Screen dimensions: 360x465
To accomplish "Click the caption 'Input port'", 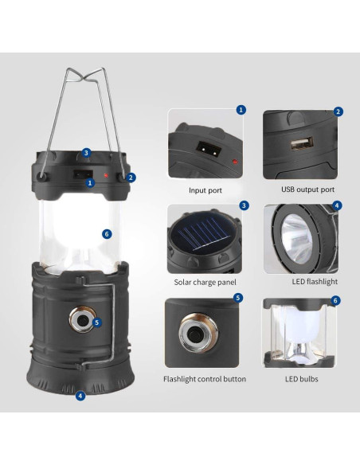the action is (205, 190).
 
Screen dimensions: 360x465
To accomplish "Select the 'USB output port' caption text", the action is (307, 190).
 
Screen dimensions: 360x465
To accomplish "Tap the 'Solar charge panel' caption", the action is (205, 282).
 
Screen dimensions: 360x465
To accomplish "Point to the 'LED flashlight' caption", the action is (315, 281).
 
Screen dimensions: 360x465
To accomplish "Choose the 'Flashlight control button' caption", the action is (205, 379).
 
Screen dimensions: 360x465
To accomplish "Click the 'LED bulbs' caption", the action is (302, 379).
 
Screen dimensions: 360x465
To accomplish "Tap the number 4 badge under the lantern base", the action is (80, 395).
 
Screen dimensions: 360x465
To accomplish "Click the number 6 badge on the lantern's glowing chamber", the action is (107, 234).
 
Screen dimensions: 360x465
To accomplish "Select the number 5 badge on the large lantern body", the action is (97, 322).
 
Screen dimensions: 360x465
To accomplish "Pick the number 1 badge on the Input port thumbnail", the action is (241, 110).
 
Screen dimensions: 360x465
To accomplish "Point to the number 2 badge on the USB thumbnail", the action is (338, 111).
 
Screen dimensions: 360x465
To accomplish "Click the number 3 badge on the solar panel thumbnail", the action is (244, 205).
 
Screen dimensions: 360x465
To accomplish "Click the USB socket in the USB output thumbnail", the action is (302, 143).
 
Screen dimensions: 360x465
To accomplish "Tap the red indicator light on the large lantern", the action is (105, 175).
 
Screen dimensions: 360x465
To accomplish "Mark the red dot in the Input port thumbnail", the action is (235, 162).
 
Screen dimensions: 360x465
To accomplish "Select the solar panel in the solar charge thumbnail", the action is (202, 236).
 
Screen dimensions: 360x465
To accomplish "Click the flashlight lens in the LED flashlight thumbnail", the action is (296, 239).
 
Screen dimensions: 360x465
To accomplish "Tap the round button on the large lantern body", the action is (83, 320).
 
